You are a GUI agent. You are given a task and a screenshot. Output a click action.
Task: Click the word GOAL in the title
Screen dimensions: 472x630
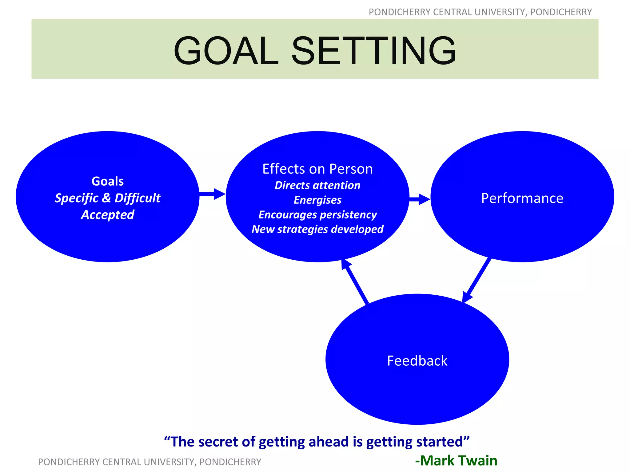[226, 51]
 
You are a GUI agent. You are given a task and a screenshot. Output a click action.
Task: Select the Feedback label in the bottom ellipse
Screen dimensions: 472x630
[417, 361]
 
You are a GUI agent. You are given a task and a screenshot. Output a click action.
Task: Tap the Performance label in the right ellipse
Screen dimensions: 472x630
[522, 198]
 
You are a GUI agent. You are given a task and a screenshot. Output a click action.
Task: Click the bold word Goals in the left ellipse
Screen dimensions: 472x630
[108, 181]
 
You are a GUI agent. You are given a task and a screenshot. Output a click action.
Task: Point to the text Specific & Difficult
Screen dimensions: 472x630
[108, 198]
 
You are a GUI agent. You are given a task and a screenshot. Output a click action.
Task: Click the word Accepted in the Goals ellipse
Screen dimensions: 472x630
[108, 215]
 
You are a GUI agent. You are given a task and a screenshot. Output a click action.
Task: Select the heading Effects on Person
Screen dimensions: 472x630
[317, 169]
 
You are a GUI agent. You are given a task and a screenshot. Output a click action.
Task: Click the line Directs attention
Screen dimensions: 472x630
[317, 185]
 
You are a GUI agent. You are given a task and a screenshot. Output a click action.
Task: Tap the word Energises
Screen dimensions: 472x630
[317, 200]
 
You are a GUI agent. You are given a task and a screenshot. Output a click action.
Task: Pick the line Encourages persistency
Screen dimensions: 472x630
[317, 214]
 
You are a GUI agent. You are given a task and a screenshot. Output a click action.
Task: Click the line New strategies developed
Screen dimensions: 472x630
[317, 229]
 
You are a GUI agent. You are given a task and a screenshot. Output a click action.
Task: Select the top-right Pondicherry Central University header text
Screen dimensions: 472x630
[480, 12]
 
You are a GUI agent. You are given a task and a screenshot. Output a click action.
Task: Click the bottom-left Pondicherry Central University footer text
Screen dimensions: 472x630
[150, 462]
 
